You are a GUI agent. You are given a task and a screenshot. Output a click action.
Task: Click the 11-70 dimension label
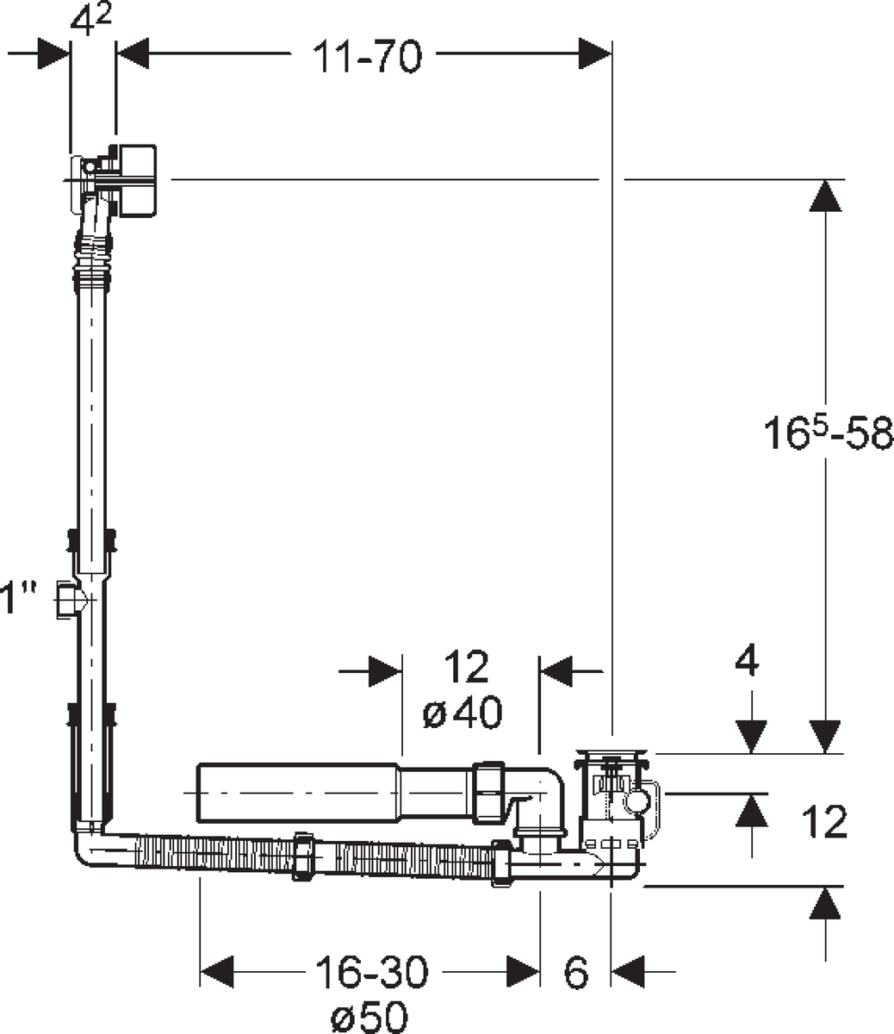tap(367, 56)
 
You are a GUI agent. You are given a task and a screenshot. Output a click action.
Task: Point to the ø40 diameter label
tap(462, 713)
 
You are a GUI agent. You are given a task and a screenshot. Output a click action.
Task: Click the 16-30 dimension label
tap(372, 973)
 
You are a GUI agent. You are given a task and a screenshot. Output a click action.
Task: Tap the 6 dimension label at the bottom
tap(576, 973)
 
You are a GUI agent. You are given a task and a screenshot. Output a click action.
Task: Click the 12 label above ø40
tap(466, 666)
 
